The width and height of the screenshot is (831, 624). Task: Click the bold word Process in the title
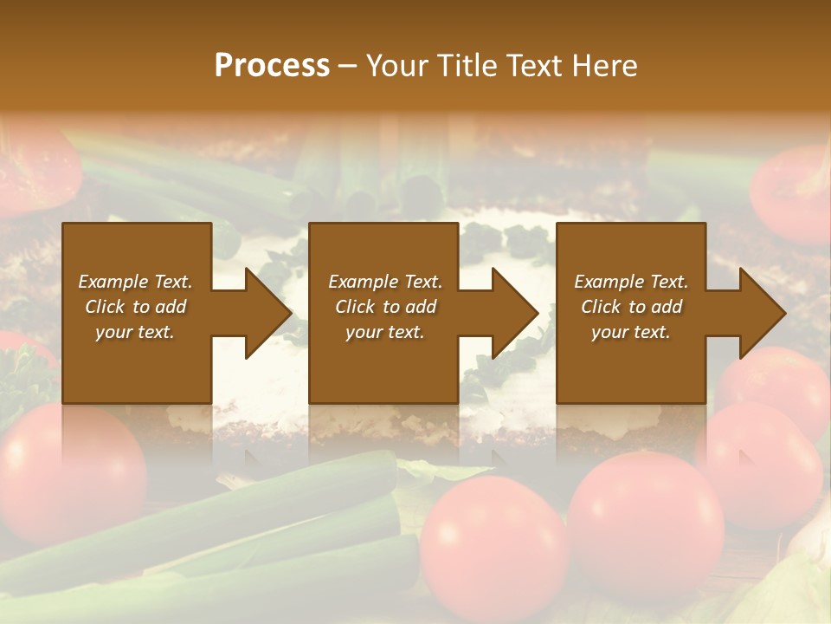point(272,65)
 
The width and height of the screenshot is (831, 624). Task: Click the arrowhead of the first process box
point(266,313)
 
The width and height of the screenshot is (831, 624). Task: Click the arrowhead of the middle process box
point(513,313)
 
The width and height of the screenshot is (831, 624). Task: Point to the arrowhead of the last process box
point(761,313)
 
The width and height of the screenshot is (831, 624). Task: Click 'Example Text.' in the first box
point(135,282)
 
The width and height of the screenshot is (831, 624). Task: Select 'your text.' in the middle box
point(384,332)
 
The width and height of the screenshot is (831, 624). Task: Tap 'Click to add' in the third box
point(631,307)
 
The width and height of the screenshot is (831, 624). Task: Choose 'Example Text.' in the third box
point(631,282)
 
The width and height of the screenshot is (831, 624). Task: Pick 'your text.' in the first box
point(135,332)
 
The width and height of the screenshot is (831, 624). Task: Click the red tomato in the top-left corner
point(35,169)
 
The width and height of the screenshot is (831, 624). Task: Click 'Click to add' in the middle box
point(384,307)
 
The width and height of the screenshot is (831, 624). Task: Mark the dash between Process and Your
point(347,67)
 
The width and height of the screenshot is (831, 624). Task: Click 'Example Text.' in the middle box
point(384,282)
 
